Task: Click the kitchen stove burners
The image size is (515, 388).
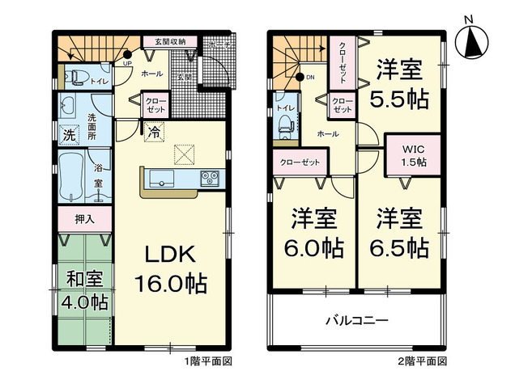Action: point(210,177)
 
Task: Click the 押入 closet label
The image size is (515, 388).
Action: point(84,218)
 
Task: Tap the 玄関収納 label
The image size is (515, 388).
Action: point(166,41)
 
